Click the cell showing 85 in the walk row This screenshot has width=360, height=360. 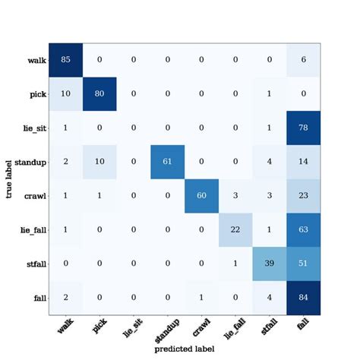65,60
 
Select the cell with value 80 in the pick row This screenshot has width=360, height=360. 99,94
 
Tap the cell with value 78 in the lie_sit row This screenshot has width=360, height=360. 303,128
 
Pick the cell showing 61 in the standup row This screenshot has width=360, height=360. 166,162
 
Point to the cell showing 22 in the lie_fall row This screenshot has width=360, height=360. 235,229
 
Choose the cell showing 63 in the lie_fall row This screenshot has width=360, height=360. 303,229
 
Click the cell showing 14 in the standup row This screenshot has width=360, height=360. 303,162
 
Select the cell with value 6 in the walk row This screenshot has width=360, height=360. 303,60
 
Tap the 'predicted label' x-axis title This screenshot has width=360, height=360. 185,349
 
